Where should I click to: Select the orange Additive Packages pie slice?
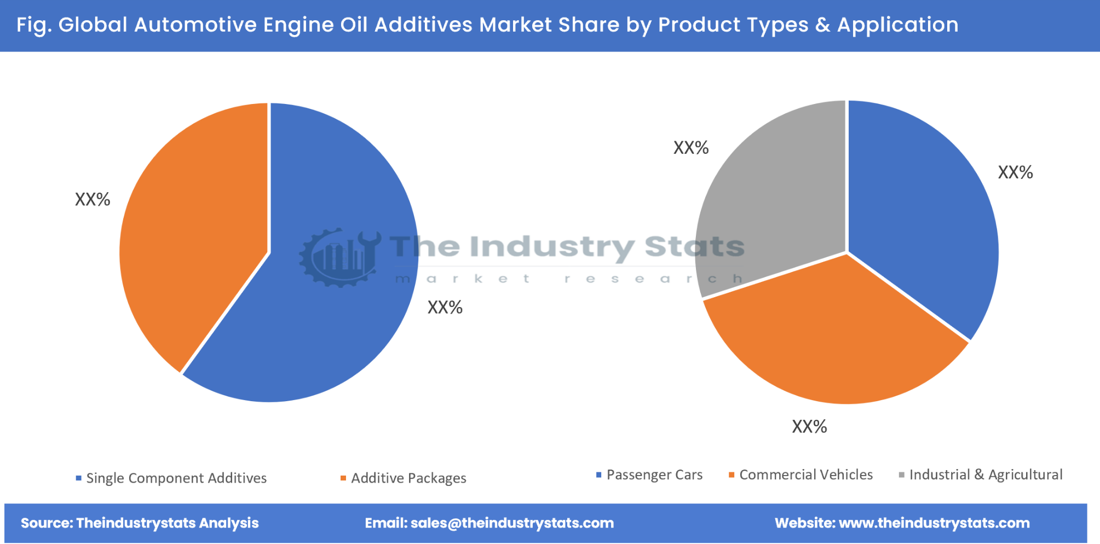[197, 230]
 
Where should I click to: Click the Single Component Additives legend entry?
[176, 478]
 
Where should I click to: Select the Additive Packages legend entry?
[408, 478]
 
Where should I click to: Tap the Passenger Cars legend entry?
[654, 475]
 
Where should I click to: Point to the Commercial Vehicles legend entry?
[805, 475]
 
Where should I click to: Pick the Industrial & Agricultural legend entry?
[985, 475]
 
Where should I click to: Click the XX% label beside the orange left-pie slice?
[93, 200]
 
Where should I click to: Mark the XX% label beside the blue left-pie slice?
[445, 308]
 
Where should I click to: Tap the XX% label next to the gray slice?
[691, 148]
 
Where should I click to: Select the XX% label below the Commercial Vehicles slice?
[809, 427]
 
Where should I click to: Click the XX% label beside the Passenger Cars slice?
[1015, 173]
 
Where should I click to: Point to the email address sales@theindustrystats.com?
[512, 523]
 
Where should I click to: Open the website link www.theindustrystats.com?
[934, 523]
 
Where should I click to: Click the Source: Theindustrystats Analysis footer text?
[140, 523]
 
